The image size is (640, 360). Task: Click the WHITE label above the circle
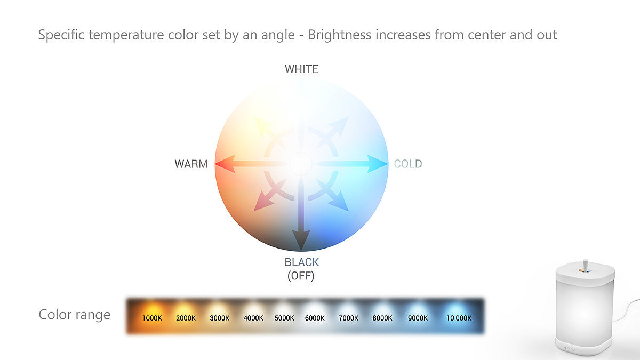click(x=301, y=69)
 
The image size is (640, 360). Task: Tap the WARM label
click(x=191, y=164)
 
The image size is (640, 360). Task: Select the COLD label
click(x=407, y=164)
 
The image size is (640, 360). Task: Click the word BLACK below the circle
click(x=301, y=262)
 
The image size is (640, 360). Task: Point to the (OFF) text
click(x=301, y=276)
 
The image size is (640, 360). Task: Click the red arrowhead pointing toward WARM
click(x=225, y=164)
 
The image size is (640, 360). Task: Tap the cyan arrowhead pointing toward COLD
click(x=378, y=164)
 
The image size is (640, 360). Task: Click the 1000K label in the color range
click(x=152, y=318)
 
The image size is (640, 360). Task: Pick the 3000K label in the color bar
click(x=219, y=318)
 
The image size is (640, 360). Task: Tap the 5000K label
click(x=284, y=318)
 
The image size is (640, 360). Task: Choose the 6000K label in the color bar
click(x=315, y=318)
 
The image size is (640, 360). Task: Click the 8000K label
click(x=382, y=318)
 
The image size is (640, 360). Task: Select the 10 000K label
click(x=459, y=318)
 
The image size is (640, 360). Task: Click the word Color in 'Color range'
click(x=55, y=314)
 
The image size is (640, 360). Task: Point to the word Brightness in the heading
click(x=339, y=35)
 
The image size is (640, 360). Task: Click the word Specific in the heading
click(x=61, y=35)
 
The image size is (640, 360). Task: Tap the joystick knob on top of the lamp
click(x=585, y=265)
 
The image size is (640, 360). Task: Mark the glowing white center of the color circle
click(x=301, y=164)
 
